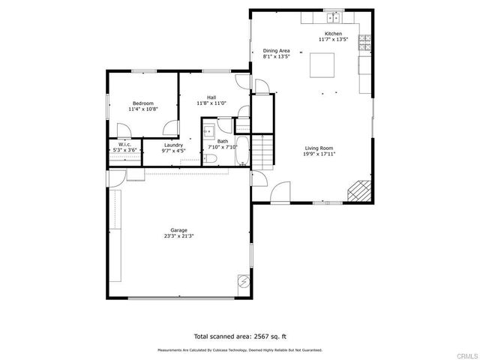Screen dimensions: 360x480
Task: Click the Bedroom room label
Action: coord(143,103)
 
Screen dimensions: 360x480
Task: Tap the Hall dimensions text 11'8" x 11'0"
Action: coord(212,103)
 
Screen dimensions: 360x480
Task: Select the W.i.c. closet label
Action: coord(121,145)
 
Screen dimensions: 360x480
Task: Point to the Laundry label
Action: coord(173,145)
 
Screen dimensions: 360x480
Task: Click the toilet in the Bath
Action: coord(211,158)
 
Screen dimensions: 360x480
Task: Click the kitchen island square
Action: coord(324,65)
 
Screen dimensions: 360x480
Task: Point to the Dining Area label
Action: coord(276,50)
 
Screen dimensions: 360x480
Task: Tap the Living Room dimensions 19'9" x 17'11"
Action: coord(319,154)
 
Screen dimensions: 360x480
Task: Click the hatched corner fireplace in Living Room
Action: coord(358,192)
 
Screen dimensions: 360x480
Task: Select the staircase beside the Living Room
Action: coord(259,152)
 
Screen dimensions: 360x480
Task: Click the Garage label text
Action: coord(178,230)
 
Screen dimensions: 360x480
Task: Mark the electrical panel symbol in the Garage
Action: coord(243,281)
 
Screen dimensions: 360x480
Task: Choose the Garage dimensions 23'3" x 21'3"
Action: coord(178,236)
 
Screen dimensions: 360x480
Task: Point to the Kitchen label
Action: coord(333,34)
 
